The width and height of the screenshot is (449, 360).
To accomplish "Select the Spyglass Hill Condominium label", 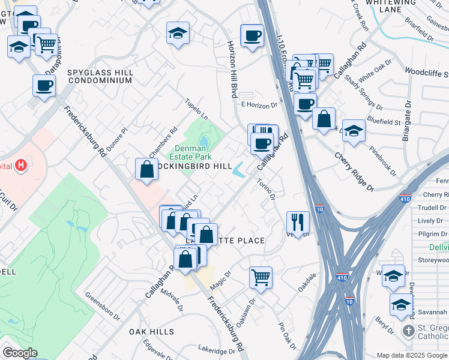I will point(100,76).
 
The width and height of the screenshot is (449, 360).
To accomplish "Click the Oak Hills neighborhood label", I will point(151,331).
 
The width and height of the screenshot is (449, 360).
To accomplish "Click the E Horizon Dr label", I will point(259,105).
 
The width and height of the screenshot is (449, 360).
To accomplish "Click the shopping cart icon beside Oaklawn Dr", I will point(261,278).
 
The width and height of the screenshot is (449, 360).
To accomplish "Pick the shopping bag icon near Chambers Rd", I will point(147,169).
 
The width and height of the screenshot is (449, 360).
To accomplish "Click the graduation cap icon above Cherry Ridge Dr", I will point(354,131).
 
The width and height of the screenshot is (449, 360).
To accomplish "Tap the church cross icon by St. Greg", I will point(408,331).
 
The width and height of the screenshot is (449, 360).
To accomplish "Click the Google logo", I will point(20,353).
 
